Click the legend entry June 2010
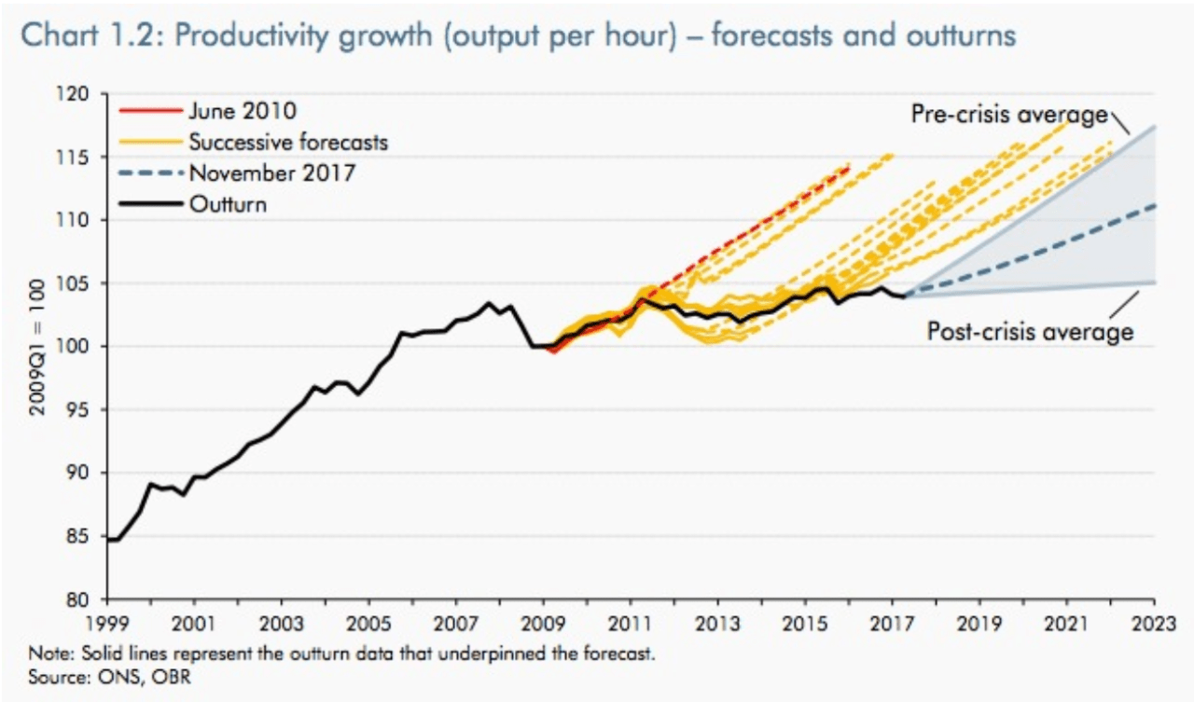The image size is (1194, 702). [x=243, y=111]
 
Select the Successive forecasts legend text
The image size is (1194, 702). [x=288, y=142]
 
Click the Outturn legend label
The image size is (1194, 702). [x=228, y=204]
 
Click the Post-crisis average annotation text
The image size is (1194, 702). [x=1030, y=331]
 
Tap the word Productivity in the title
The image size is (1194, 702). [x=243, y=36]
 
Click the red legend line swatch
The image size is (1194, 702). [x=149, y=111]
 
